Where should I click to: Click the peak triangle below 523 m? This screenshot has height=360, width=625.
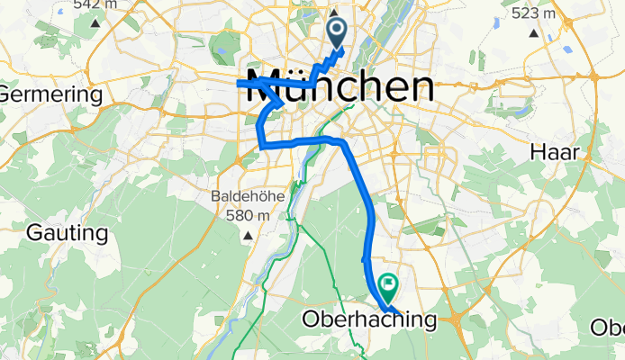tap(535, 34)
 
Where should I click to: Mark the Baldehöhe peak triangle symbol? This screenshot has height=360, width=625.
tap(246, 236)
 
